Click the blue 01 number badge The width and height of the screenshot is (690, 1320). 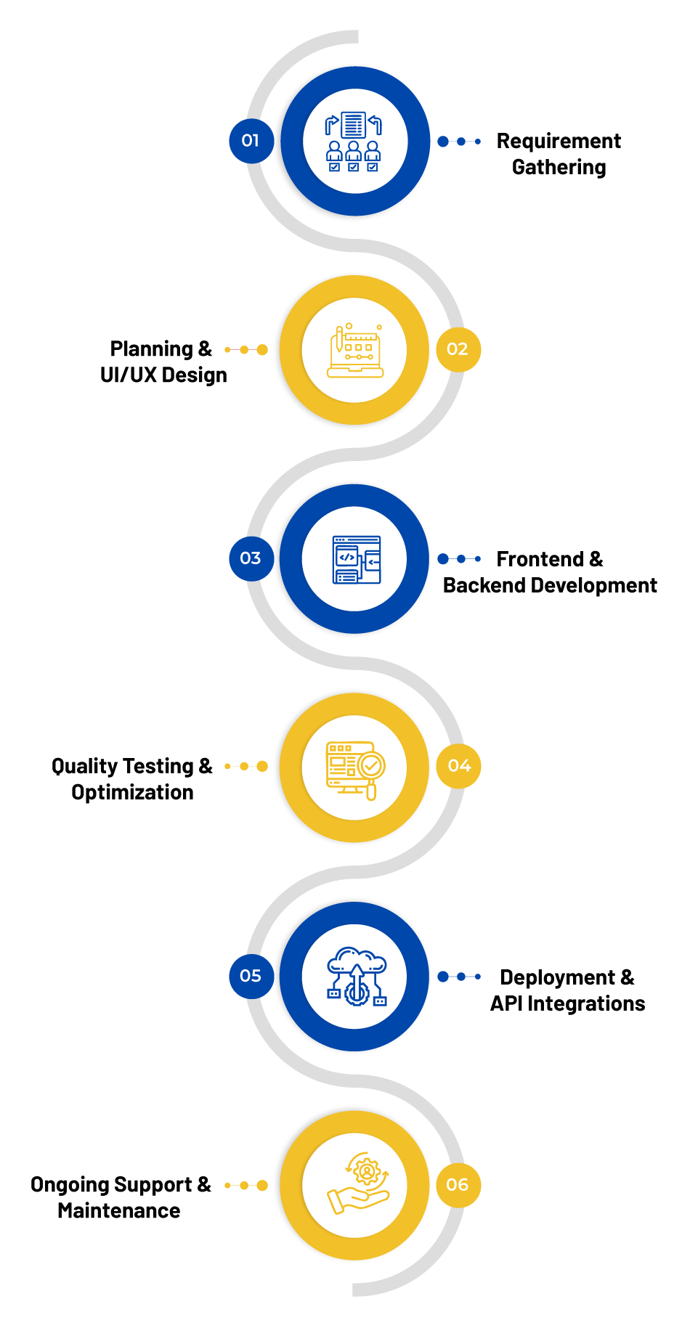pyautogui.click(x=251, y=141)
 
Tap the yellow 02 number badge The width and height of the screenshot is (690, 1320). pyautogui.click(x=458, y=349)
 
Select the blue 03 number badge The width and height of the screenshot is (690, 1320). pyautogui.click(x=251, y=558)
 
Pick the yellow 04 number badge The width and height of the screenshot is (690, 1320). pyautogui.click(x=458, y=766)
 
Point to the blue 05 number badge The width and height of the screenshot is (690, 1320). pyautogui.click(x=251, y=976)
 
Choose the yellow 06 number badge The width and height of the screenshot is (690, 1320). pyautogui.click(x=458, y=1185)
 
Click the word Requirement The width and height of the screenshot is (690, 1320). pyautogui.click(x=559, y=142)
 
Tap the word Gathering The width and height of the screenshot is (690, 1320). pyautogui.click(x=559, y=168)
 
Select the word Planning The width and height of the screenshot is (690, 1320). pyautogui.click(x=151, y=350)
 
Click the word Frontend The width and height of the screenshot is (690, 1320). pyautogui.click(x=540, y=559)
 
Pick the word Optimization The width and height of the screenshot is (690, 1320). pyautogui.click(x=132, y=793)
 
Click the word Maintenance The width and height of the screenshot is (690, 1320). pyautogui.click(x=119, y=1210)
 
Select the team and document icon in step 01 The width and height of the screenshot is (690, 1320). pyautogui.click(x=353, y=142)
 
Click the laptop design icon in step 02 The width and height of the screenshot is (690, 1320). pyautogui.click(x=355, y=351)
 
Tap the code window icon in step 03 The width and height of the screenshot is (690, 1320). pyautogui.click(x=357, y=560)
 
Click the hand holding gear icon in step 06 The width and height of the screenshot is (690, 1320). pyautogui.click(x=358, y=1183)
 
